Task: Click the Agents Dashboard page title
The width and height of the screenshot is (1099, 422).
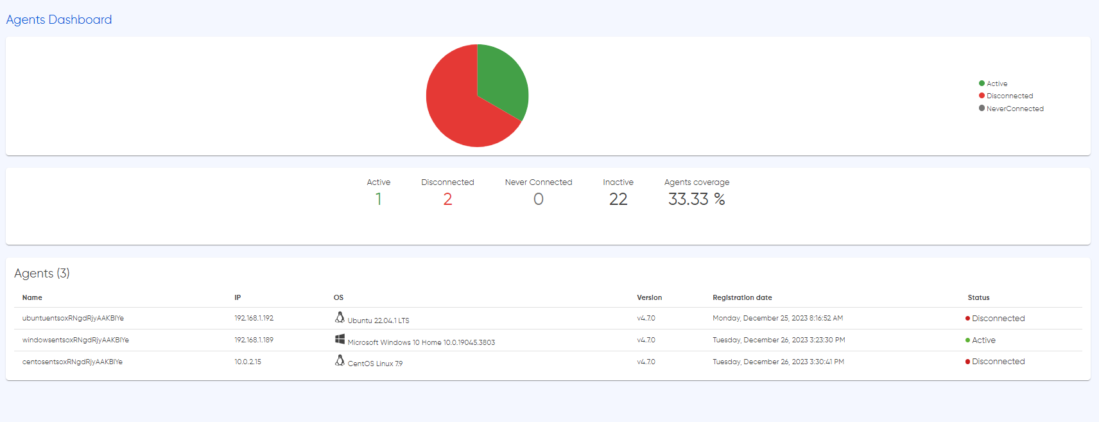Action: click(59, 20)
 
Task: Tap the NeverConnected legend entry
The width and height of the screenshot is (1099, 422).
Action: click(1011, 109)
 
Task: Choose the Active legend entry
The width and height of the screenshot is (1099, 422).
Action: click(993, 84)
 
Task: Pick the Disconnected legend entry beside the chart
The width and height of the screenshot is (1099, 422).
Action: click(1006, 96)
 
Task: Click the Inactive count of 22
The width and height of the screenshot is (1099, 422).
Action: click(618, 199)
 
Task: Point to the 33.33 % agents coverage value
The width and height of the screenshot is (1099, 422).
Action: click(697, 199)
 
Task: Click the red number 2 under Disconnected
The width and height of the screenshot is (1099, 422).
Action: click(447, 199)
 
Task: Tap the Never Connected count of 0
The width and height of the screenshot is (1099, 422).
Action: click(538, 199)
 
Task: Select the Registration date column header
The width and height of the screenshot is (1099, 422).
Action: click(742, 297)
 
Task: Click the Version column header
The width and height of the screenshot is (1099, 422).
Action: click(650, 297)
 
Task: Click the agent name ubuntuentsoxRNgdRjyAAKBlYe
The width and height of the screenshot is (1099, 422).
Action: click(73, 318)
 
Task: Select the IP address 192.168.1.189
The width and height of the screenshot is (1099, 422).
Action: click(254, 340)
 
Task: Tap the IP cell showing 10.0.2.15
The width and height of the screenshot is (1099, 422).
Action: click(248, 362)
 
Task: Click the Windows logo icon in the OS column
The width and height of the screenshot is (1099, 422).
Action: click(340, 339)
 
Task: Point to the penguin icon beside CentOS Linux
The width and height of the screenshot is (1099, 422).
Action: click(340, 361)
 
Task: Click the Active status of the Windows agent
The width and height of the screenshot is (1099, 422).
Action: click(980, 340)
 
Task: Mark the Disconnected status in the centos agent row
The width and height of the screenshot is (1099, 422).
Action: click(995, 362)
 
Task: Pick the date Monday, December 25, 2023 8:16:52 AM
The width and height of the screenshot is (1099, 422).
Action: click(777, 318)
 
